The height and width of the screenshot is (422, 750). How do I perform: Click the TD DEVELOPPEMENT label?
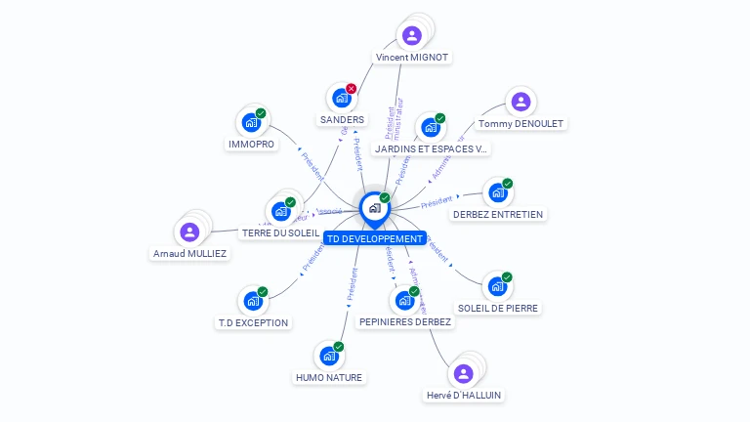375,238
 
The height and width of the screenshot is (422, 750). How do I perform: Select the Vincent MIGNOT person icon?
412,36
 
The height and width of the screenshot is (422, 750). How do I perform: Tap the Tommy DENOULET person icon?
521,102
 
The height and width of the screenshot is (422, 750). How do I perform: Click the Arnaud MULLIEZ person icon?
189,232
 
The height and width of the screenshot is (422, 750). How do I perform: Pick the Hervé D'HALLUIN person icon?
464,373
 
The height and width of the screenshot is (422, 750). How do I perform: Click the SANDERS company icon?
341,98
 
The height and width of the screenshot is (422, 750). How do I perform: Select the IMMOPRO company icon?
251,123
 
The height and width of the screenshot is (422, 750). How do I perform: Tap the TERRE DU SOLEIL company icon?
280,211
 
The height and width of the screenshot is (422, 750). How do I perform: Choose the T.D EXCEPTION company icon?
253,301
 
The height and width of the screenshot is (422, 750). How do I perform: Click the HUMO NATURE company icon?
328,356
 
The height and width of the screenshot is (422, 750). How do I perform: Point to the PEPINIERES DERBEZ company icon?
403,301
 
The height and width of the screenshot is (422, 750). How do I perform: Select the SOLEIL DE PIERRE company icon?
497,286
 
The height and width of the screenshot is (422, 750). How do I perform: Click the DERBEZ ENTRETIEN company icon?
497,192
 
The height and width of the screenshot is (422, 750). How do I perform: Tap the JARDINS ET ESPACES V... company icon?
430,128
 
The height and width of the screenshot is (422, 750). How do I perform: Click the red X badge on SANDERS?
352,89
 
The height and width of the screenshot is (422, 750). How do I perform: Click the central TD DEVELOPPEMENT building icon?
374,208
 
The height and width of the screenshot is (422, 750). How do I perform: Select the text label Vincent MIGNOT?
412,58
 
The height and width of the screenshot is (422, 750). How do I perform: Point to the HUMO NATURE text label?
328,378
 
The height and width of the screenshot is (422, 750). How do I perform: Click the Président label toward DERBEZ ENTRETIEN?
437,202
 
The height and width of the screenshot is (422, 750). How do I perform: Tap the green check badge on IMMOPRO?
261,113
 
